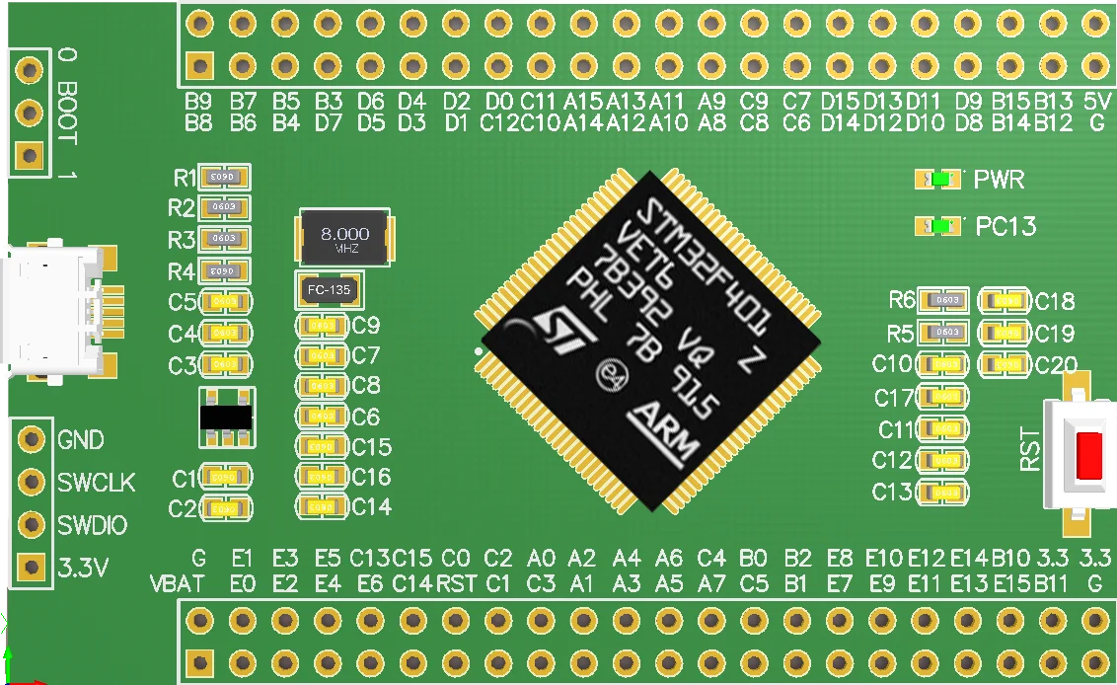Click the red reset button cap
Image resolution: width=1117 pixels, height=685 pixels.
1089,456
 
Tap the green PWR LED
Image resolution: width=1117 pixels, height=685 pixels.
940,180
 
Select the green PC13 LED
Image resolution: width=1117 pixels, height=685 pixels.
940,226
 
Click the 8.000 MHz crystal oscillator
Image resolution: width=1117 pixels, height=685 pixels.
345,237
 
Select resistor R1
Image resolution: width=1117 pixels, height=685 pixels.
224,178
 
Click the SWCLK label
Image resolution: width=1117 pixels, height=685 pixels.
96,483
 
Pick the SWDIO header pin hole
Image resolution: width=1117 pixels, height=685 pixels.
33,524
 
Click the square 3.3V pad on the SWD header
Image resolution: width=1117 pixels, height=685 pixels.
33,567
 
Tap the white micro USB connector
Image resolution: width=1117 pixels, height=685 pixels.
54,311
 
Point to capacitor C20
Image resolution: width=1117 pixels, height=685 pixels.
1005,364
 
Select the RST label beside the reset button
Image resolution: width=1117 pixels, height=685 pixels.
1030,449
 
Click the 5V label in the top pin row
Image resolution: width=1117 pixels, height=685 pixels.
1096,102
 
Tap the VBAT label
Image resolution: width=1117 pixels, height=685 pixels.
178,583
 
